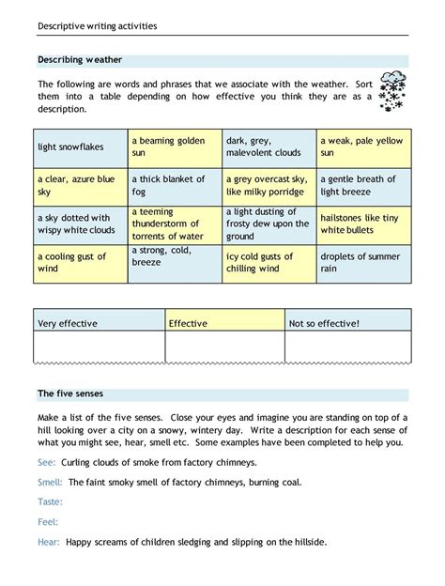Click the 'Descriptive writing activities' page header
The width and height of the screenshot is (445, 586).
98,25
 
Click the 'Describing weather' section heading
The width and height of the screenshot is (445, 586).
80,59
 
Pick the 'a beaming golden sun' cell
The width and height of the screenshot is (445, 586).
176,146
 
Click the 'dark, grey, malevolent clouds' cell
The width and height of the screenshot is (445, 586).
269,146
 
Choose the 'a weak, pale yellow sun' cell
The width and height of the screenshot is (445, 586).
363,146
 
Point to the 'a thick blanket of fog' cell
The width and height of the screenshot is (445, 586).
176,186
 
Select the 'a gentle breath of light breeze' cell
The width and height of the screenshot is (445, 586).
363,186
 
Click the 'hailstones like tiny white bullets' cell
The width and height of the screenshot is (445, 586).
363,224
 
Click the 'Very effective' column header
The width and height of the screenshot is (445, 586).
68,323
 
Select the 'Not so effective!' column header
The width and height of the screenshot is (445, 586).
324,323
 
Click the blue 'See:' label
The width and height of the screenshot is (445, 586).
46,462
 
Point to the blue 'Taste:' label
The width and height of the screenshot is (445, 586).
51,501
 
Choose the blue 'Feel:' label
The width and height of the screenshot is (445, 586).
48,521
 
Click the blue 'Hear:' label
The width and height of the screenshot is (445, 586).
49,542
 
